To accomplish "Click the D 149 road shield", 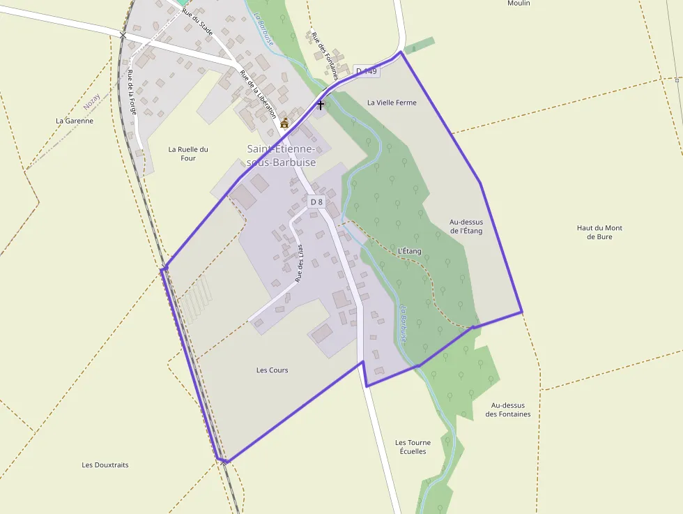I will tap(366, 71).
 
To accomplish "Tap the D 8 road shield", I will tap(316, 202).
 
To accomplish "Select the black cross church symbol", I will tap(321, 105).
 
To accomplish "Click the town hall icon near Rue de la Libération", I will tap(284, 123).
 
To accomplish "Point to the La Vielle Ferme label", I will tap(392, 103).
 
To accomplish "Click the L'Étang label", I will tap(409, 250).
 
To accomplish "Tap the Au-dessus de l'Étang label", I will tap(466, 227).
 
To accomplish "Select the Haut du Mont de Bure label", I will tap(599, 232).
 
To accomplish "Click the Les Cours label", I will tap(272, 370).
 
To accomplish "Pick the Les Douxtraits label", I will tap(105, 465).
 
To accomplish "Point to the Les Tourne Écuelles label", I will tap(413, 447).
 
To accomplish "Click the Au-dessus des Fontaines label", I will tap(508, 409).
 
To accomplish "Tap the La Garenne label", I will tap(75, 121).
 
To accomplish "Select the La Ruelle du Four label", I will tap(188, 153).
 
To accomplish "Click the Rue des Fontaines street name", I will tap(324, 56).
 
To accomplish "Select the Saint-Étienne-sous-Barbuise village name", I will tap(282, 156).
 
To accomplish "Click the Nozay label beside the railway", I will tap(91, 102).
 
